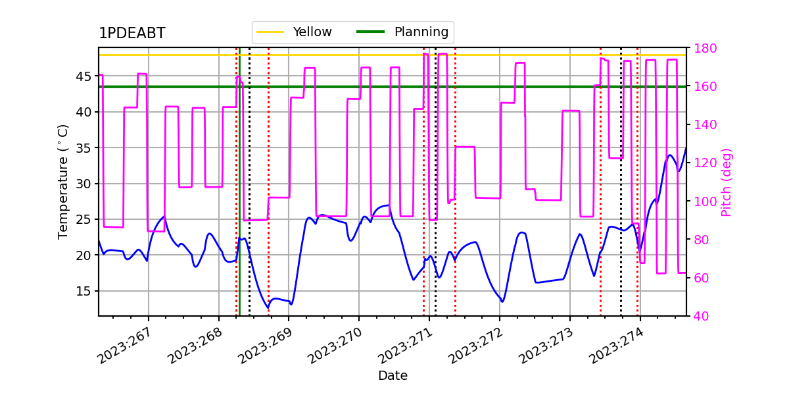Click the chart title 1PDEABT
pyautogui.click(x=132, y=33)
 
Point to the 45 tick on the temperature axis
pyautogui.click(x=83, y=76)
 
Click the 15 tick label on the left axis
pyautogui.click(x=83, y=291)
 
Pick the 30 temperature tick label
pyautogui.click(x=83, y=184)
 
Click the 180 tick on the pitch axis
pyautogui.click(x=705, y=48)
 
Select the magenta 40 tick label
pyautogui.click(x=702, y=316)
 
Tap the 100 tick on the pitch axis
pyautogui.click(x=705, y=201)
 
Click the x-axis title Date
pyautogui.click(x=393, y=376)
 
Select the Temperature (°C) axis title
pyautogui.click(x=62, y=182)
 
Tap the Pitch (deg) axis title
pyautogui.click(x=727, y=182)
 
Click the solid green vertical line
pyautogui.click(x=239, y=182)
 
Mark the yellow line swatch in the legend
pyautogui.click(x=270, y=32)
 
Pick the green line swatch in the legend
pyautogui.click(x=371, y=32)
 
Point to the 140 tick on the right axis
pyautogui.click(x=705, y=124)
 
